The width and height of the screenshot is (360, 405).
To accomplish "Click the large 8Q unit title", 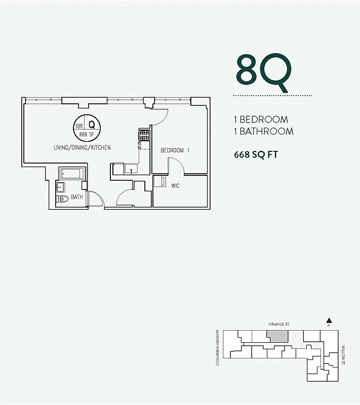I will click(263, 72).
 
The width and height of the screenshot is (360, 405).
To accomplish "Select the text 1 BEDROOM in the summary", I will click(261, 120).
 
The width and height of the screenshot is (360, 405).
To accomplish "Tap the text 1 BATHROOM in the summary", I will click(264, 132).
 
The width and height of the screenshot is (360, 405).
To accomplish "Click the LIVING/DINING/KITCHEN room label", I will click(82, 147).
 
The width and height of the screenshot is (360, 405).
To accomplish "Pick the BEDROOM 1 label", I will click(175, 150).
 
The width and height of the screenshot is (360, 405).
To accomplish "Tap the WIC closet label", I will click(176, 186).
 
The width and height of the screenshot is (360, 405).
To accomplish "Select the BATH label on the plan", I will click(77, 197).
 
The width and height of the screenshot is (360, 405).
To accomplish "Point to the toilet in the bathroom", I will click(63, 199).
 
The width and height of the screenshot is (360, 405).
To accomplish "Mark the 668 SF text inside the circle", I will click(87, 135).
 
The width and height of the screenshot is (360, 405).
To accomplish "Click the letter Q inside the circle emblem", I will click(92, 125).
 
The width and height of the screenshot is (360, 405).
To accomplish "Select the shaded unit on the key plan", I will click(277, 336).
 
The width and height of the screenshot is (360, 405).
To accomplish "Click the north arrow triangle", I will click(329, 320).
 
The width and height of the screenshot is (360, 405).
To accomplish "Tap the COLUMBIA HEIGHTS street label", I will click(218, 348).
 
